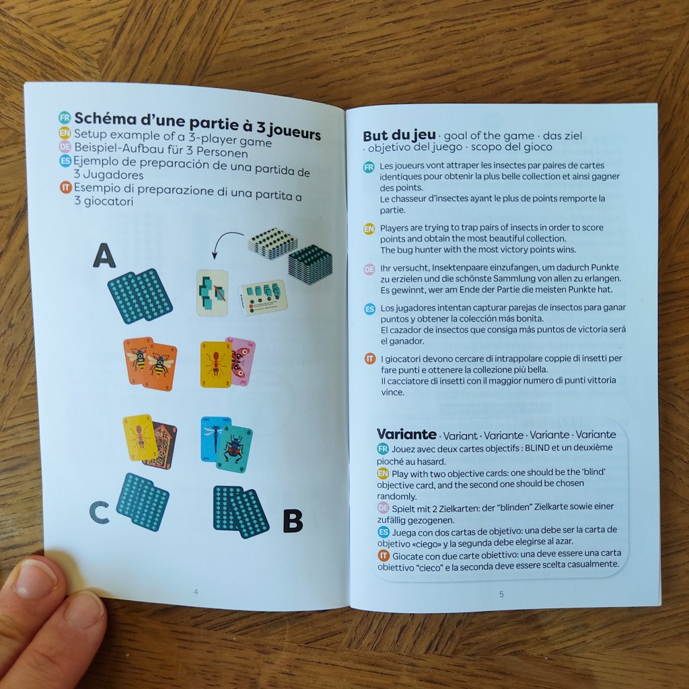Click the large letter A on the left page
pyautogui.click(x=104, y=255)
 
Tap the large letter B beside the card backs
pyautogui.click(x=293, y=520)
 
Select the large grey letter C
pyautogui.click(x=100, y=512)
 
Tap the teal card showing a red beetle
pyautogui.click(x=235, y=449)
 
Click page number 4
pyautogui.click(x=196, y=592)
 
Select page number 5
pyautogui.click(x=501, y=594)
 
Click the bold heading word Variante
pyautogui.click(x=406, y=434)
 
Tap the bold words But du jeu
pyautogui.click(x=399, y=135)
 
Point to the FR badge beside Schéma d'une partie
pyautogui.click(x=65, y=117)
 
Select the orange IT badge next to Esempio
pyautogui.click(x=66, y=187)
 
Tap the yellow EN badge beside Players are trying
pyautogui.click(x=369, y=229)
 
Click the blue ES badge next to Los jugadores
pyautogui.click(x=370, y=309)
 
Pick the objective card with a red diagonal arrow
pyautogui.click(x=212, y=293)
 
